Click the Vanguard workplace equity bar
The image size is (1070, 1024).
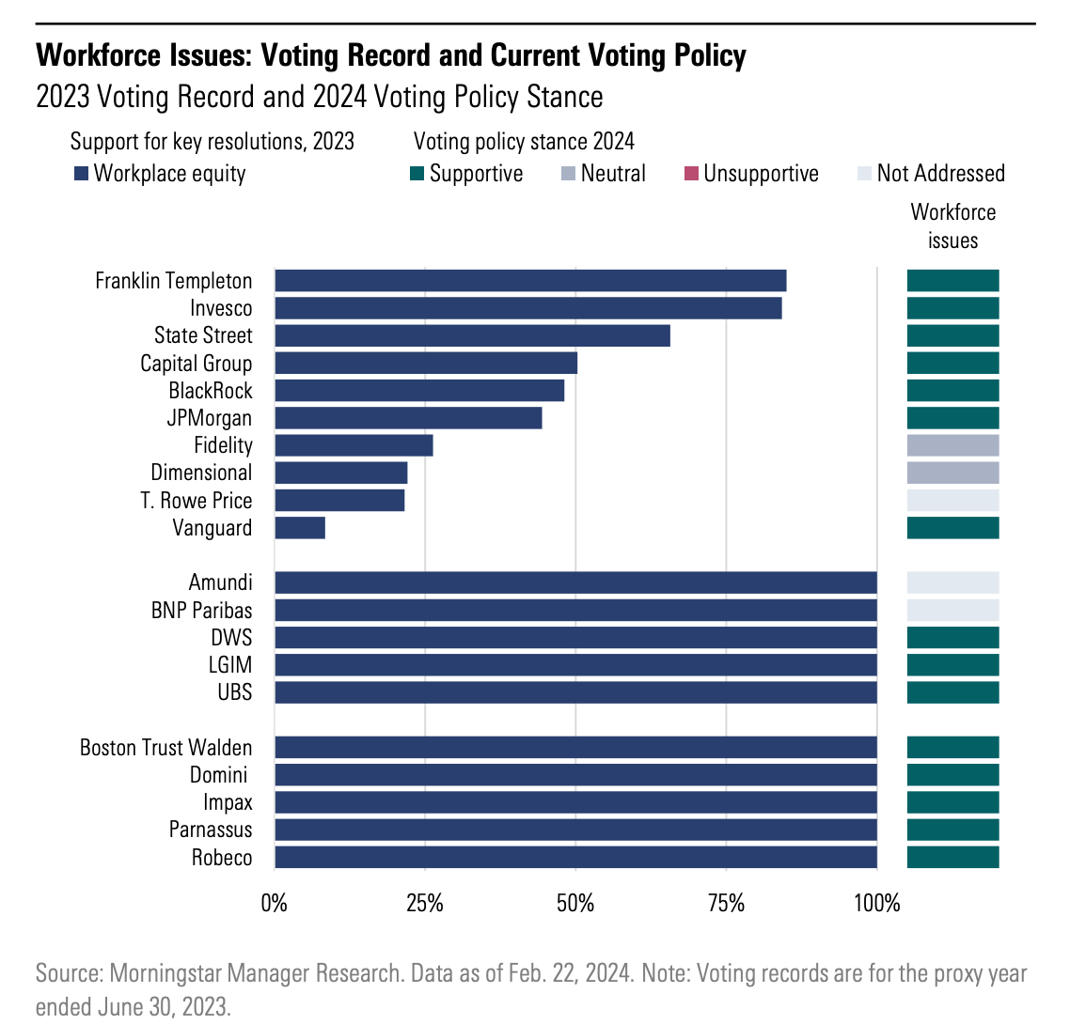[x=300, y=528]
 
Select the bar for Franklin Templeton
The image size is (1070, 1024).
[x=530, y=281]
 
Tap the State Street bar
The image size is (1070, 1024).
[x=472, y=335]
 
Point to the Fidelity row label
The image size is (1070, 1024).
[x=223, y=445]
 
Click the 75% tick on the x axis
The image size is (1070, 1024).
[x=726, y=904]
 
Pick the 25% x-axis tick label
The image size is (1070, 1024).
[x=425, y=904]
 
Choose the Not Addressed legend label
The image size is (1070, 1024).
[x=940, y=174]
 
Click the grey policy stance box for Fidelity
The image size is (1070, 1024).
[x=952, y=445]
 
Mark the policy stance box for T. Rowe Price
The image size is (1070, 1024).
[x=952, y=500]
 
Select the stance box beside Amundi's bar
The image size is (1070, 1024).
[x=952, y=582]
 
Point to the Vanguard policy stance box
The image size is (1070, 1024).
[x=952, y=528]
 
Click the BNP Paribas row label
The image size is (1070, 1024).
[x=201, y=610]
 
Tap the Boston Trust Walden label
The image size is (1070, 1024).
[x=166, y=748]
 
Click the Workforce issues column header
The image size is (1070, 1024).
[x=952, y=226]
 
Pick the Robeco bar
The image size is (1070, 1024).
[x=575, y=857]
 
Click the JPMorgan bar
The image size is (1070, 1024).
[x=408, y=418]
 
